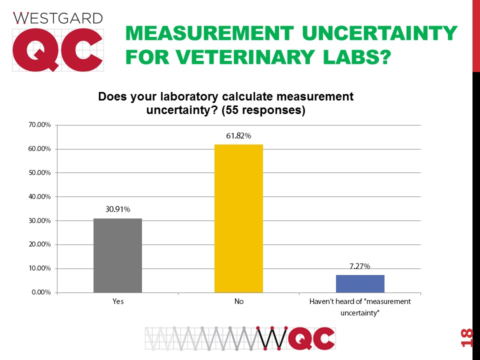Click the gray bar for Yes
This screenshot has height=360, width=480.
pyautogui.click(x=117, y=255)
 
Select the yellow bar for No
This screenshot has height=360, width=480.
pyautogui.click(x=238, y=218)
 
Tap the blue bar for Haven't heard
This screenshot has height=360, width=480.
pyautogui.click(x=360, y=283)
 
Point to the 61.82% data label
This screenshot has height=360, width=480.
pyautogui.click(x=238, y=136)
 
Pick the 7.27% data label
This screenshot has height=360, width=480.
pyautogui.click(x=360, y=266)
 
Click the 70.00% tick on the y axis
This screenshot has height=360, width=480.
pyautogui.click(x=38, y=125)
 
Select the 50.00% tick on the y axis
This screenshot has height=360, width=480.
pyautogui.click(x=38, y=172)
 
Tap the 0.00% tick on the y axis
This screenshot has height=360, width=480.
pyautogui.click(x=40, y=292)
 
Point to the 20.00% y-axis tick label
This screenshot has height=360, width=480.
pyautogui.click(x=38, y=244)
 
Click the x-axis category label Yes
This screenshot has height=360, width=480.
pyautogui.click(x=117, y=302)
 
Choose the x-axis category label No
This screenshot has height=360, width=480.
pyautogui.click(x=238, y=302)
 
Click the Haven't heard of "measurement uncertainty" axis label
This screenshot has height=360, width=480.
pyautogui.click(x=360, y=307)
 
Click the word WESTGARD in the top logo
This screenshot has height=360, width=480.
pyautogui.click(x=57, y=18)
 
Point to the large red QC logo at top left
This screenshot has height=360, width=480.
pyautogui.click(x=57, y=50)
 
